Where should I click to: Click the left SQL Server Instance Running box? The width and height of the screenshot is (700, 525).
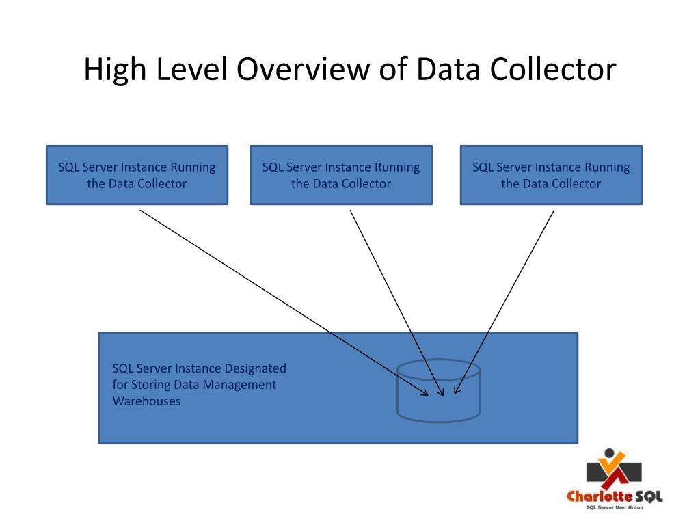(x=137, y=175)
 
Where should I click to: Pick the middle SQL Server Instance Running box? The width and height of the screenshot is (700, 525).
(x=341, y=175)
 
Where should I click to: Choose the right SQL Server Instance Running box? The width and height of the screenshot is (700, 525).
(x=551, y=175)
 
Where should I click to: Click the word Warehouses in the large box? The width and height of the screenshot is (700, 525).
(x=146, y=401)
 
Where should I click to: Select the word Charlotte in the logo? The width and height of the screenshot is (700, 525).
(x=593, y=496)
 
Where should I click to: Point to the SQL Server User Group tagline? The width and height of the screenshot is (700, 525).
(x=615, y=507)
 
